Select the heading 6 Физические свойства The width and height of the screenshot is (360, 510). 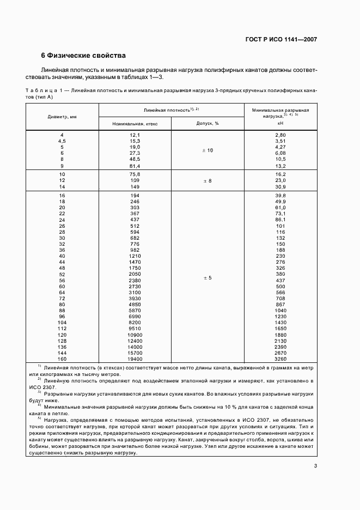pyautogui.click(x=84, y=56)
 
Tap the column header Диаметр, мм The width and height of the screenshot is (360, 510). pyautogui.click(x=62, y=116)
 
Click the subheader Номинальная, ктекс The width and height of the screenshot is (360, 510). pyautogui.click(x=135, y=124)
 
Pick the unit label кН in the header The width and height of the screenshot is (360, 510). pyautogui.click(x=280, y=124)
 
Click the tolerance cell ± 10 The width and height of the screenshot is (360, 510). pyautogui.click(x=207, y=150)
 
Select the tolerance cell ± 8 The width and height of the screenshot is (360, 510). pyautogui.click(x=207, y=180)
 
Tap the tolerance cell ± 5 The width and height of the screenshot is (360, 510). pyautogui.click(x=207, y=278)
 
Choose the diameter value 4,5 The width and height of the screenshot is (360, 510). pyautogui.click(x=62, y=141)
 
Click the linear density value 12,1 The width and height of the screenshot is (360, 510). pyautogui.click(x=135, y=135)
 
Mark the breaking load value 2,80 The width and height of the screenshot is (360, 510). pyautogui.click(x=280, y=135)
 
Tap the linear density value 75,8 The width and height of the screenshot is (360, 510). pyautogui.click(x=135, y=174)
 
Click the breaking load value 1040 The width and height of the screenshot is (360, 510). pyautogui.click(x=280, y=311)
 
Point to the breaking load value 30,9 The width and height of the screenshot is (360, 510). pyautogui.click(x=280, y=186)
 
